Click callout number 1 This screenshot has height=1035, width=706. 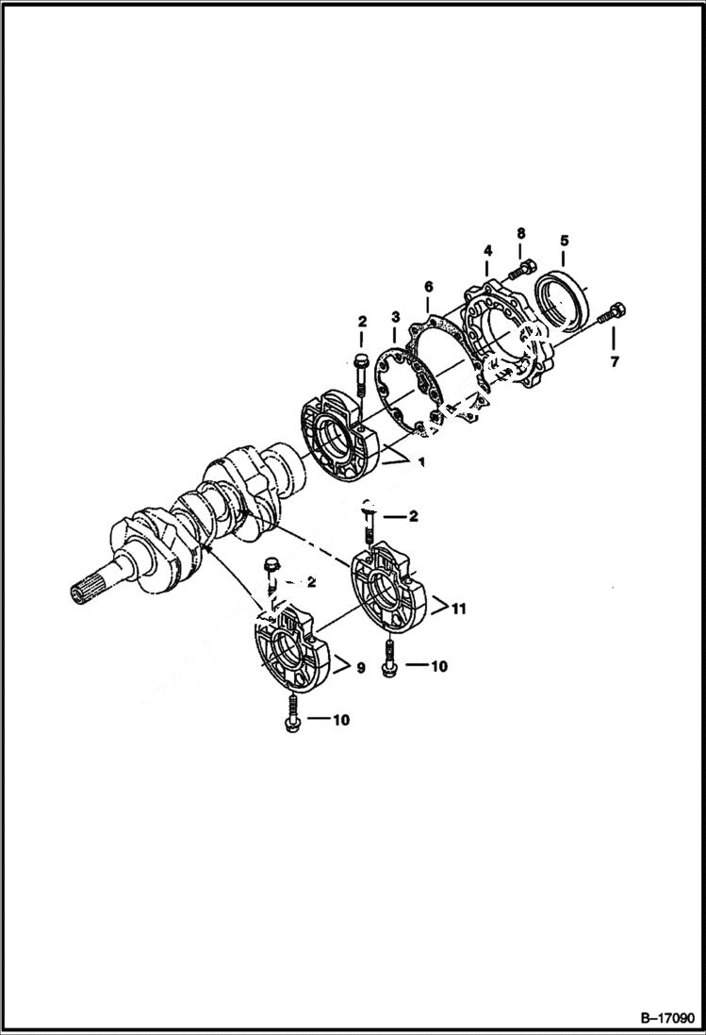(420, 461)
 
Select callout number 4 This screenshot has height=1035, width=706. (487, 250)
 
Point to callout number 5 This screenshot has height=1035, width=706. (564, 240)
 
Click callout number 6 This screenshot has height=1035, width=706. (428, 286)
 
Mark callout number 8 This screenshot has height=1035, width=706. (520, 233)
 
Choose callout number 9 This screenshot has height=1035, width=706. (360, 668)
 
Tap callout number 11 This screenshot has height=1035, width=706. (459, 609)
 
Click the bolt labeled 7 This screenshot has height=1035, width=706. (614, 310)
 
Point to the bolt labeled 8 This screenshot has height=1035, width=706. (522, 268)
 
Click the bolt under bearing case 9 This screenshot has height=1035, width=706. (289, 712)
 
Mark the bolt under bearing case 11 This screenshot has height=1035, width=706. (388, 658)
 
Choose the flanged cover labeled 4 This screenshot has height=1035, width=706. (504, 340)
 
